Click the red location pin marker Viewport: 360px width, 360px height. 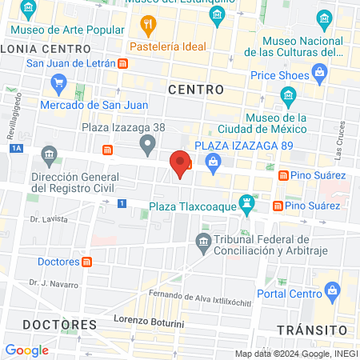point(181,164)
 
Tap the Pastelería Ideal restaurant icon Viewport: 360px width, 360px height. point(146,26)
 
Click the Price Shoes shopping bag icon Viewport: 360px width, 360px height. point(320,74)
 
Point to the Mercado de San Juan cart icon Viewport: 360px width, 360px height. point(57,82)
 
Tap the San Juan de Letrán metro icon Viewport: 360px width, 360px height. point(122,63)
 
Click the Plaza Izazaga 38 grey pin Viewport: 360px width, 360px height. point(146,146)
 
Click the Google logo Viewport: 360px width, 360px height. point(26,350)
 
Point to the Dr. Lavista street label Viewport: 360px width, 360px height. point(49,218)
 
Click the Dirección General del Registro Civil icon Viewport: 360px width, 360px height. point(49,154)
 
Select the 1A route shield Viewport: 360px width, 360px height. point(16,148)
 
